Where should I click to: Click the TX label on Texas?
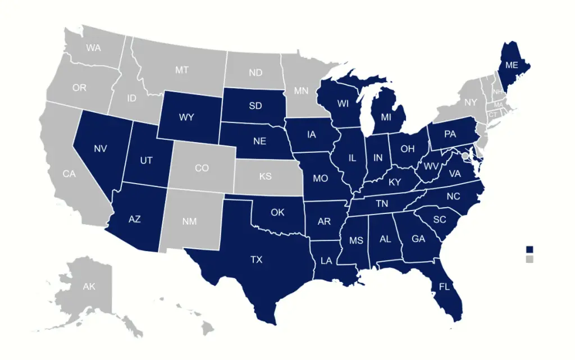[256, 259]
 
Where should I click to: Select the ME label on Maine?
[511, 65]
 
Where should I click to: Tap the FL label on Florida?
[444, 286]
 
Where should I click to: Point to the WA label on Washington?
[94, 48]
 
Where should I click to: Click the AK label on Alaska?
[89, 286]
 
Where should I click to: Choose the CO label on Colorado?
[202, 167]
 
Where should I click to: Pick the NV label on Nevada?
[101, 149]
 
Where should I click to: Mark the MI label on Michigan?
[386, 117]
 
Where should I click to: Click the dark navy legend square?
[529, 249]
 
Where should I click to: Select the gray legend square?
[529, 259]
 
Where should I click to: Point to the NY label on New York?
[470, 102]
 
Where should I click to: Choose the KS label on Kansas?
[266, 176]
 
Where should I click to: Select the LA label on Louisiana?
[326, 261]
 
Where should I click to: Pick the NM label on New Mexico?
[190, 221]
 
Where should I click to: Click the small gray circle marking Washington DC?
[464, 156]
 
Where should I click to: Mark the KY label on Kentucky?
[395, 182]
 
